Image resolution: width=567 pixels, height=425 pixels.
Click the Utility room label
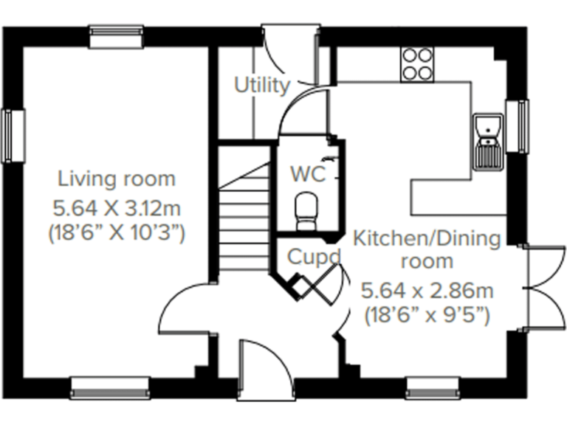261,86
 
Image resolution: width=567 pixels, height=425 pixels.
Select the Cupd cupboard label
314,258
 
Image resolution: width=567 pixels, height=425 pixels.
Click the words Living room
117,179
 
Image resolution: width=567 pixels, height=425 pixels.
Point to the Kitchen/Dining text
427,238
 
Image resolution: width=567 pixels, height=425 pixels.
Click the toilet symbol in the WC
306,210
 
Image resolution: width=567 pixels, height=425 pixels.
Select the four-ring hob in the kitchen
417,63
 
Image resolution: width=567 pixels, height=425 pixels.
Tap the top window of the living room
116,35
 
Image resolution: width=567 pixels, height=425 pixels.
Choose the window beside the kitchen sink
522,127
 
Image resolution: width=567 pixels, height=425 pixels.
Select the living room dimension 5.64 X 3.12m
117,206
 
